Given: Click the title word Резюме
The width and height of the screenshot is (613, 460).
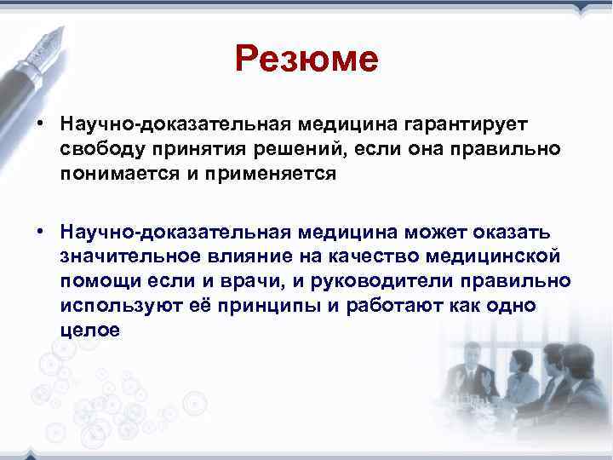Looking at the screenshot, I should pyautogui.click(x=306, y=60).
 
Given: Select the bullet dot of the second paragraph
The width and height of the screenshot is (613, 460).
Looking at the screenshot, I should pyautogui.click(x=40, y=233).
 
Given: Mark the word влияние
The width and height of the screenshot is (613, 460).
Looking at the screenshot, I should pyautogui.click(x=243, y=256).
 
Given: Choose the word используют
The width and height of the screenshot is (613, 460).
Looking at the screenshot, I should pyautogui.click(x=115, y=306).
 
